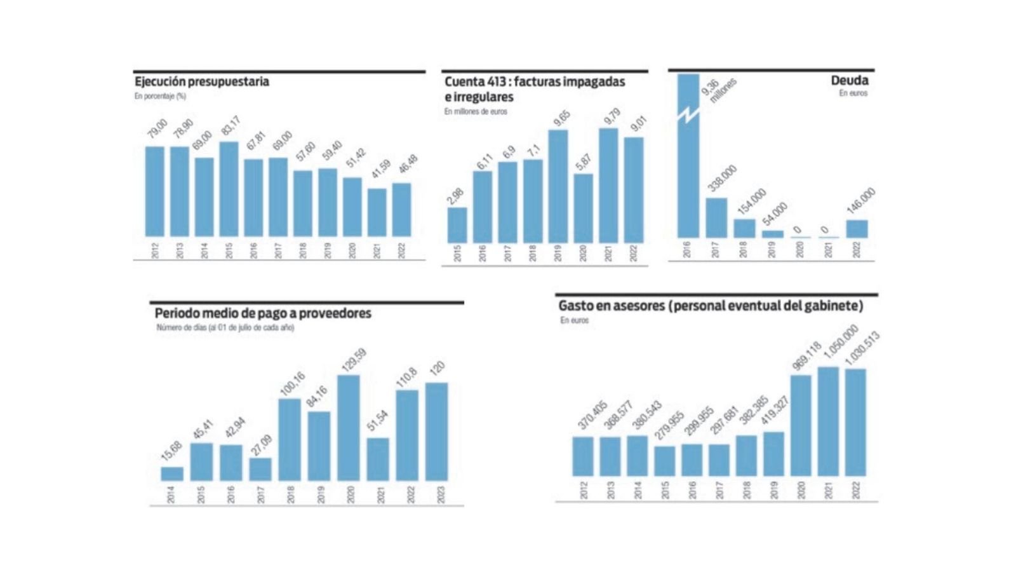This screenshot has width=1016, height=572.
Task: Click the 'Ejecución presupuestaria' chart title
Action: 202,81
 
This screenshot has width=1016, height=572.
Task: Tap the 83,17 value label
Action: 231,125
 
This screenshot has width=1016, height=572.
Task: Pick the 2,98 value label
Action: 455,196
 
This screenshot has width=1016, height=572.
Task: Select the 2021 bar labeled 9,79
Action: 608,186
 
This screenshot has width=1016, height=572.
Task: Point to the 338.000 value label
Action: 723,178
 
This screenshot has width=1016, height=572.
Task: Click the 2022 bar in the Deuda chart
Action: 857,229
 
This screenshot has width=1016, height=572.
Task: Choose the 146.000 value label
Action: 861,201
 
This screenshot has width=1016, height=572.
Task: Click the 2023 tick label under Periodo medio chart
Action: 441,494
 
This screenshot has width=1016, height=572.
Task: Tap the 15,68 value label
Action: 171,451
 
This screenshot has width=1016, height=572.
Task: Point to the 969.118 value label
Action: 807,356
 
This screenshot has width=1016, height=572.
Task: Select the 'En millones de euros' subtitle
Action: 476,111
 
